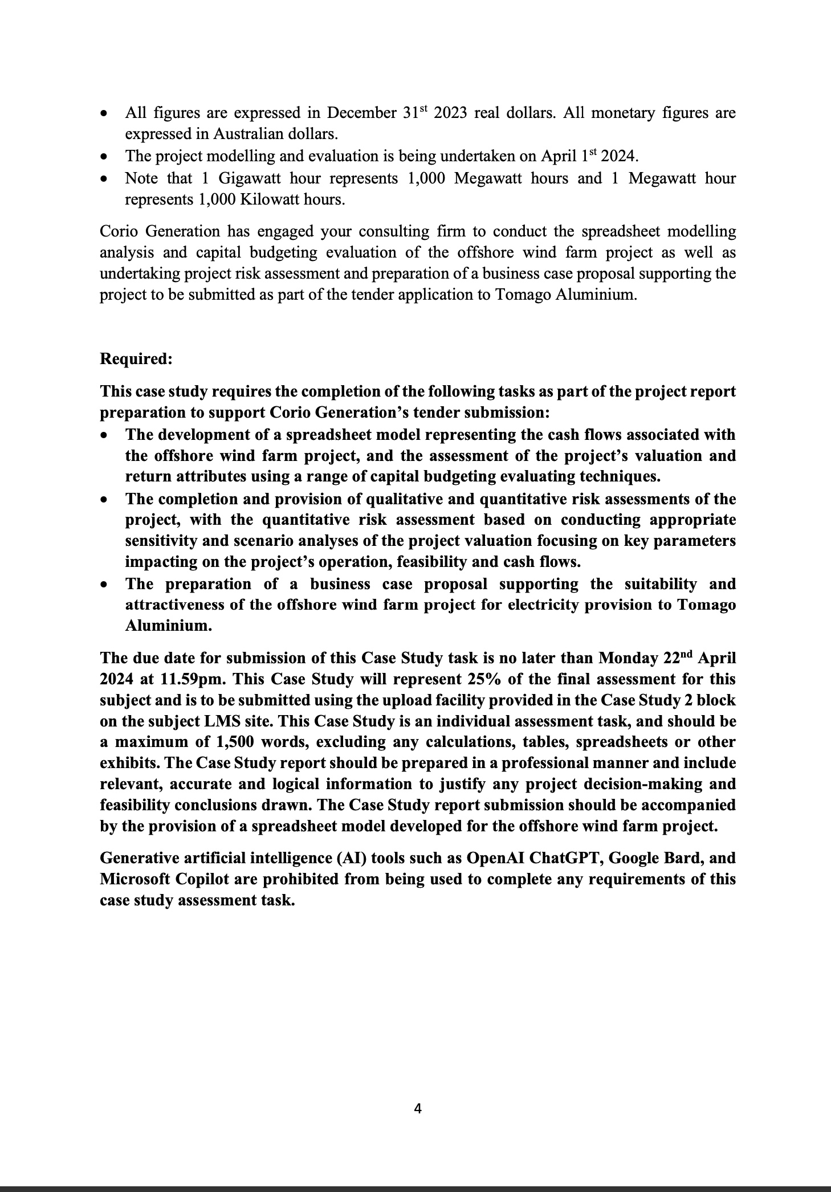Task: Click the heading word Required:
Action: [136, 359]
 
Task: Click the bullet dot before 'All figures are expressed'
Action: [104, 113]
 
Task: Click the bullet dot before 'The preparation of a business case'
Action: [104, 585]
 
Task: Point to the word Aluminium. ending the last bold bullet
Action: [169, 626]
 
